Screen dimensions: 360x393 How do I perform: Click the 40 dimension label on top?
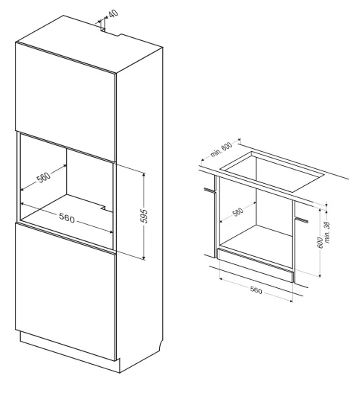114,13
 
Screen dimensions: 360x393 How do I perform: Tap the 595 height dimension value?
144,216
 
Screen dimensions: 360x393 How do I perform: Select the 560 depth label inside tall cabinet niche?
44,177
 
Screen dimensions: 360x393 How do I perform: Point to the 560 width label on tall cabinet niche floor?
67,217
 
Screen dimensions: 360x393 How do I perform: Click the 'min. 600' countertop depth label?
221,150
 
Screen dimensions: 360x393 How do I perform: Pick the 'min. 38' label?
327,232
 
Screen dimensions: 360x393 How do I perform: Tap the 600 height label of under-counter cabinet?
320,243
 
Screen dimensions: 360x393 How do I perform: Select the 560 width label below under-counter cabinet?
256,290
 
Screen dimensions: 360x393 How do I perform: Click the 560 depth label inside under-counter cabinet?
238,212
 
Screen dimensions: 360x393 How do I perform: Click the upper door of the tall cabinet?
65,101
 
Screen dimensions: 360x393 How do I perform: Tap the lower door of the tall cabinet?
65,291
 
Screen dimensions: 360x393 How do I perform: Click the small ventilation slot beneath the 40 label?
103,30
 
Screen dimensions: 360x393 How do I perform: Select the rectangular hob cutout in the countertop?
272,171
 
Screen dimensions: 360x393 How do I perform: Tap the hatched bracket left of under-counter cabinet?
210,191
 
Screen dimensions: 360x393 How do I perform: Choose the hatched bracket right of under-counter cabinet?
301,220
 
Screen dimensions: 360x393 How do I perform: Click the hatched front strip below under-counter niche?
255,261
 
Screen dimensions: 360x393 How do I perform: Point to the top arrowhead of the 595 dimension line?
144,174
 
